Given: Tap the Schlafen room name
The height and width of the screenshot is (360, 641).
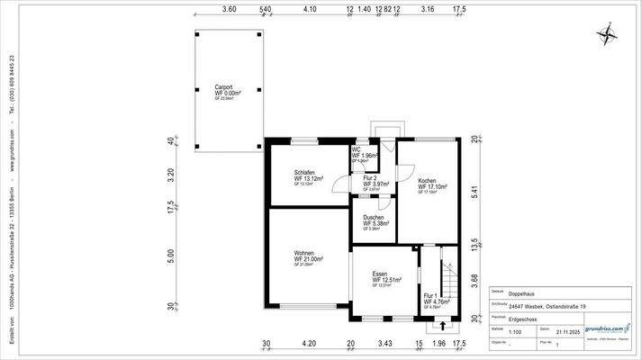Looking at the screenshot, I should [305, 173].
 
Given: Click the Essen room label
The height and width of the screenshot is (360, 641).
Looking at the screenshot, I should [380, 274].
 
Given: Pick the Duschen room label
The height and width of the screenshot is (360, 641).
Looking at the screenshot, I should [375, 218].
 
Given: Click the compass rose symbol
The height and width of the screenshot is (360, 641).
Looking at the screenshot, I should [609, 36].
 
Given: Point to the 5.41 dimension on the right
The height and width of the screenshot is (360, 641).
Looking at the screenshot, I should [475, 191].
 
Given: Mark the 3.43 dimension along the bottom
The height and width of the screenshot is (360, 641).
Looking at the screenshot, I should [385, 343].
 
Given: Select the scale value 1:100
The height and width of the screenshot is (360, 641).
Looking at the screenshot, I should [516, 331].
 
